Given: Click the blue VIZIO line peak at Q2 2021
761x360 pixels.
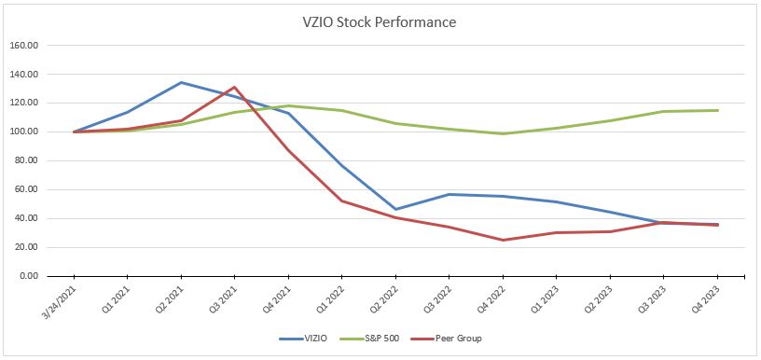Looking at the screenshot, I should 181,82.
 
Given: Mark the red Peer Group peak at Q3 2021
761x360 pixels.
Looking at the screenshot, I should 235,87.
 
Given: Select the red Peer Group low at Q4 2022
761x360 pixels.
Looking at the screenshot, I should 503,240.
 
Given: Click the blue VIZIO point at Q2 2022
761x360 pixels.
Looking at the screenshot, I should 395,209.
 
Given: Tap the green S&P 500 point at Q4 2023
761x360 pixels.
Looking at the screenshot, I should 717,110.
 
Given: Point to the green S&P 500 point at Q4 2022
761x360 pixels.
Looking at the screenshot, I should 503,133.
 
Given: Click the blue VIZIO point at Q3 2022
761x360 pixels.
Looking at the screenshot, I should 450,194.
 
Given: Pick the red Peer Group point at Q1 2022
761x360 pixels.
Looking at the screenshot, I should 342,201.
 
